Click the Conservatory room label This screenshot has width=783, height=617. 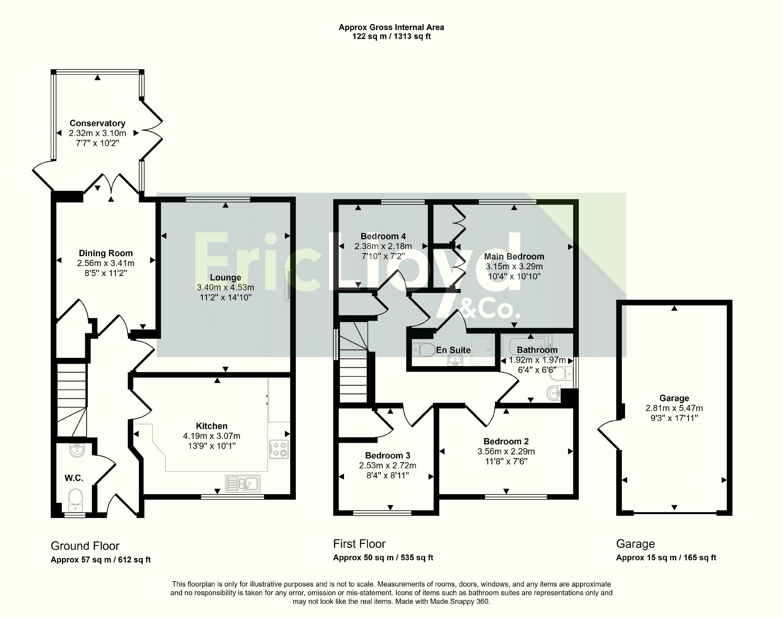point(97,123)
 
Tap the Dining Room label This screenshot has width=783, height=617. point(106,253)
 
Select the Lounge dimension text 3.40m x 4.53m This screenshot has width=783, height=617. point(226,288)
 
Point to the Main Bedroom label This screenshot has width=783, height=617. point(514,256)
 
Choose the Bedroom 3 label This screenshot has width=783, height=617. point(388,455)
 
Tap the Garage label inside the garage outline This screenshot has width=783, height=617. point(674,398)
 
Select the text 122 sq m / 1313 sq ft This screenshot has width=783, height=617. point(392,37)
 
